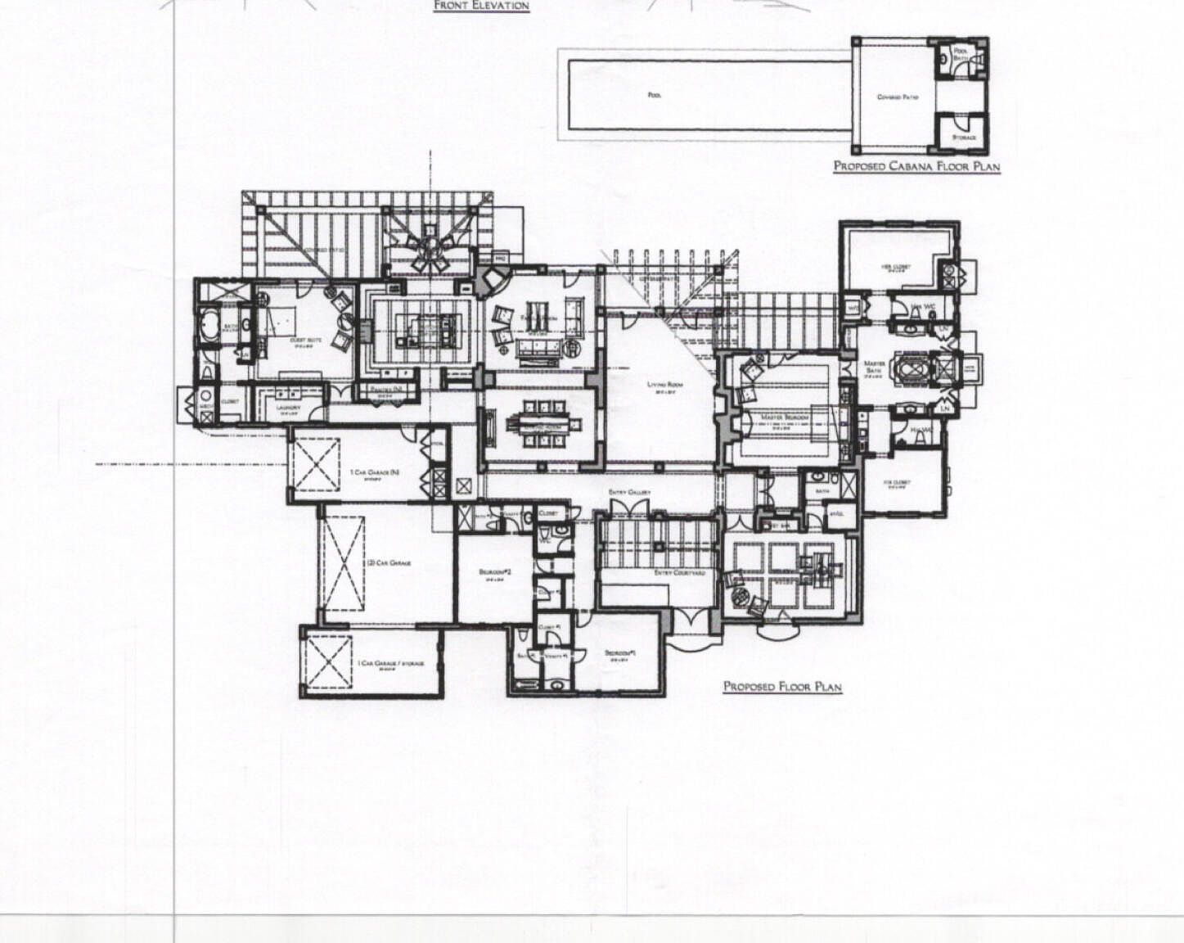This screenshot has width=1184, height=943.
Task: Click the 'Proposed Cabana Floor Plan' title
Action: [916, 166]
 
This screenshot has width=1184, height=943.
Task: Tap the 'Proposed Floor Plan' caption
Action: [782, 687]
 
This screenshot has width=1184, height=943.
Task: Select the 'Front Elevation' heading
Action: [481, 6]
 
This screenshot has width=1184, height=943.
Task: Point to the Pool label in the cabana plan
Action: [654, 95]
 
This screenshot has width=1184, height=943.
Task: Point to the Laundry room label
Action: [290, 408]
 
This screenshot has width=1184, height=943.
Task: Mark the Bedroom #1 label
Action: [621, 652]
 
